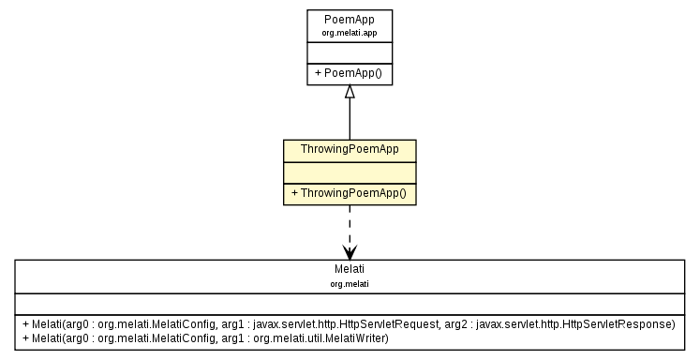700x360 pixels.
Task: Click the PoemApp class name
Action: click(350, 19)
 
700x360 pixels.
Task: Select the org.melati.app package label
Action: click(350, 32)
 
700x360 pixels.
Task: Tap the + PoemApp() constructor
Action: click(350, 72)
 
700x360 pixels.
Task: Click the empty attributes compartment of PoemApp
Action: click(350, 52)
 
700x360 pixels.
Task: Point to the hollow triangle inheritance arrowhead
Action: click(350, 92)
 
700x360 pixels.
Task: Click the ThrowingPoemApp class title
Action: click(350, 150)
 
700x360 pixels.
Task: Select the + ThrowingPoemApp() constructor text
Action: click(349, 193)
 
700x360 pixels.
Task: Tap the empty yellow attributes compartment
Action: click(350, 172)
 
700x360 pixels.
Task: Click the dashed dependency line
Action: click(350, 225)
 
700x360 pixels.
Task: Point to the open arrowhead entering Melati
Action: click(350, 252)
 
